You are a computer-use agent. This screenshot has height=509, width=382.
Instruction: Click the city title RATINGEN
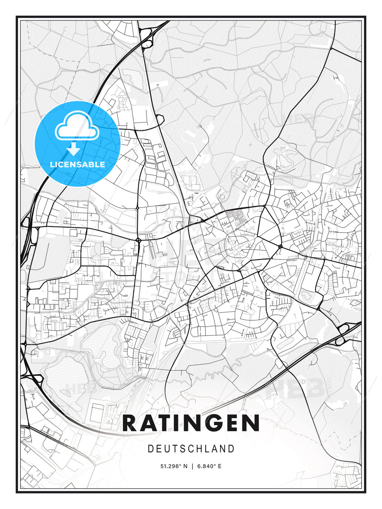click(x=191, y=423)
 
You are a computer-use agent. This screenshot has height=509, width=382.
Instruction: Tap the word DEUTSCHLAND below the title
click(x=191, y=449)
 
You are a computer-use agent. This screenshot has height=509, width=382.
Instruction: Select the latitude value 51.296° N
click(x=174, y=466)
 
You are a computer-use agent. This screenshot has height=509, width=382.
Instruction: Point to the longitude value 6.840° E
click(x=209, y=466)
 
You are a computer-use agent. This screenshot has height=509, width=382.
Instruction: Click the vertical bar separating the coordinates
click(x=192, y=466)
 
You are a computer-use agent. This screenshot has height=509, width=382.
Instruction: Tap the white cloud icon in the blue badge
click(x=77, y=126)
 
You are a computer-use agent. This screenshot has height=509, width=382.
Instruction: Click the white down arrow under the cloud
click(x=74, y=149)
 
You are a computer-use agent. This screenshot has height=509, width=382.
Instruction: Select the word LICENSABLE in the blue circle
click(x=77, y=164)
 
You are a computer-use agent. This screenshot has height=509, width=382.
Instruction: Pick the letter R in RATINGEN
click(x=129, y=423)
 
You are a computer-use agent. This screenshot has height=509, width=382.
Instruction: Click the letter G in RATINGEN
click(x=211, y=423)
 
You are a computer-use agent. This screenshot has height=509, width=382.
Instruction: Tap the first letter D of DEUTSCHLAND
click(x=150, y=449)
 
